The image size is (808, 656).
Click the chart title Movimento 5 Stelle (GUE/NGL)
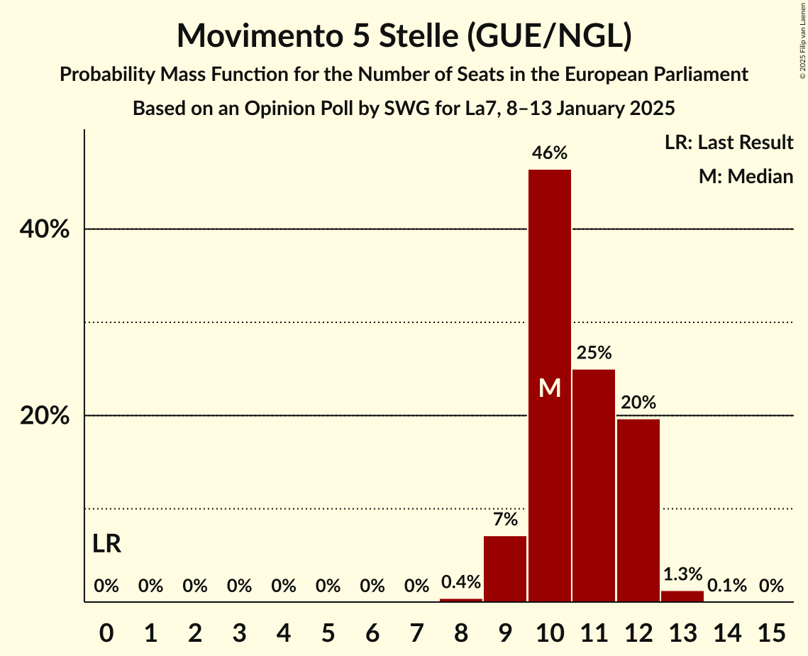pyautogui.click(x=404, y=35)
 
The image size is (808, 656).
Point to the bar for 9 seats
pyautogui.click(x=505, y=569)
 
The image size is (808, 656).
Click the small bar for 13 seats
pyautogui.click(x=682, y=596)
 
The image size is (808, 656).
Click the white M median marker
pyautogui.click(x=550, y=388)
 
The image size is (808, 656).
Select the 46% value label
pyautogui.click(x=550, y=153)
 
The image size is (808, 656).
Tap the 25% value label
pyautogui.click(x=594, y=352)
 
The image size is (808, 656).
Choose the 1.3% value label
pyautogui.click(x=682, y=574)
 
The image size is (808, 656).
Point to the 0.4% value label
pyautogui.click(x=461, y=582)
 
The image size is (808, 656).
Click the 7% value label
pyautogui.click(x=505, y=519)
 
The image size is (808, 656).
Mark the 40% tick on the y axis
pyautogui.click(x=45, y=229)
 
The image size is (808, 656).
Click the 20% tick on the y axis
pyautogui.click(x=45, y=416)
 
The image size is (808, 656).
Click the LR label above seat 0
pyautogui.click(x=106, y=545)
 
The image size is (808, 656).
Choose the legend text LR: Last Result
pyautogui.click(x=729, y=143)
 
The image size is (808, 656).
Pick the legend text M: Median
pyautogui.click(x=746, y=176)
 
